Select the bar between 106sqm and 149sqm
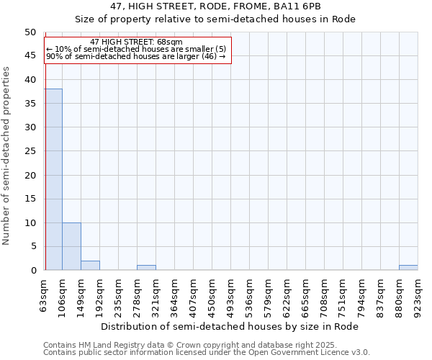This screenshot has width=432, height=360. (x=71, y=246)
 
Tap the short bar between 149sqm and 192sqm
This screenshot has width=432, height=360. (x=90, y=265)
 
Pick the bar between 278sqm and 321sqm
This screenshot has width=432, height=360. (x=146, y=268)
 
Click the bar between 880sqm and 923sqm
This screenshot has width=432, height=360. (x=408, y=268)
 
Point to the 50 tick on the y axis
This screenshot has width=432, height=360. (x=30, y=32)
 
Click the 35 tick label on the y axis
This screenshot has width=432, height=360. (x=30, y=104)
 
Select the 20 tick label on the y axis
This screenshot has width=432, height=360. (x=30, y=175)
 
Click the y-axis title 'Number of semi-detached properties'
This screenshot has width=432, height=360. (x=7, y=156)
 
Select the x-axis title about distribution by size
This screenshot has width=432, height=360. (x=230, y=326)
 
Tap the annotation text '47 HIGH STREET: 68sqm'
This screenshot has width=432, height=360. (x=137, y=42)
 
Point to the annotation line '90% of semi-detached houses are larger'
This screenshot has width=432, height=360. (x=135, y=56)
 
